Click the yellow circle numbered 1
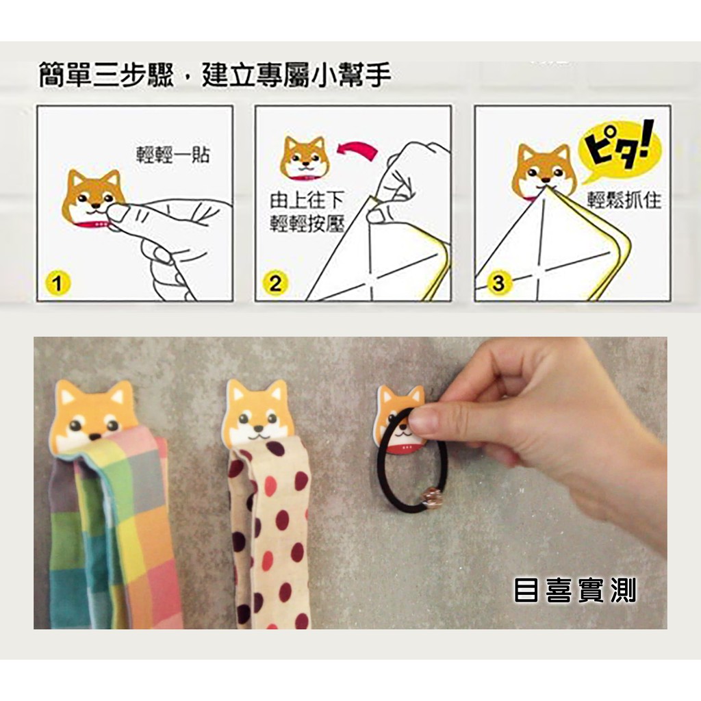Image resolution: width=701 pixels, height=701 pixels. [58, 283]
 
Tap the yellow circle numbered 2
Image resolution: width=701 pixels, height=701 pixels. [275, 283]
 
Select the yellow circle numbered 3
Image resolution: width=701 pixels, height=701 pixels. [498, 283]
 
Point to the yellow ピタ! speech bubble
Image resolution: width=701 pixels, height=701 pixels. [618, 151]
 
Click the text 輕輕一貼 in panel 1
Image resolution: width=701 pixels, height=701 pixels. [173, 155]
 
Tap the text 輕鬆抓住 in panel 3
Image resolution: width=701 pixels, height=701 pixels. [624, 200]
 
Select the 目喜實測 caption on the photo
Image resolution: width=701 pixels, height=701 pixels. [575, 589]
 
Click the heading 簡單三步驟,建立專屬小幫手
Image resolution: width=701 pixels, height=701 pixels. [215, 75]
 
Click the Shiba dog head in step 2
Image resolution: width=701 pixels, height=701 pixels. [305, 158]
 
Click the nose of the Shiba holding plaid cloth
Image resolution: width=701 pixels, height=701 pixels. [94, 436]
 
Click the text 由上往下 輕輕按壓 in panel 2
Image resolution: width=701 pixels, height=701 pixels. [307, 212]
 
